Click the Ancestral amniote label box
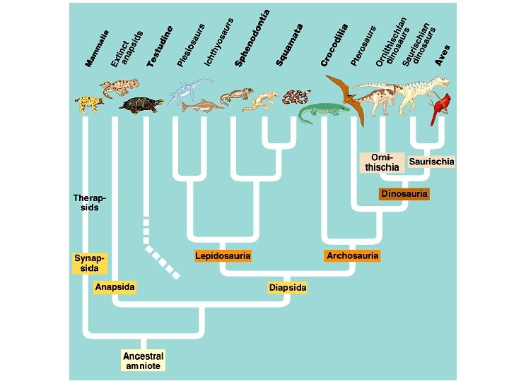(143, 361)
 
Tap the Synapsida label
(90, 263)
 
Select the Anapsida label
(115, 286)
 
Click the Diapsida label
(288, 288)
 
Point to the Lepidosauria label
(223, 255)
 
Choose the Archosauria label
(353, 255)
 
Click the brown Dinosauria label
(404, 193)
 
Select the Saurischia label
(431, 162)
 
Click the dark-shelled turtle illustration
(142, 105)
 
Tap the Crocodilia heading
(334, 45)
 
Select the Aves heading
(442, 55)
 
